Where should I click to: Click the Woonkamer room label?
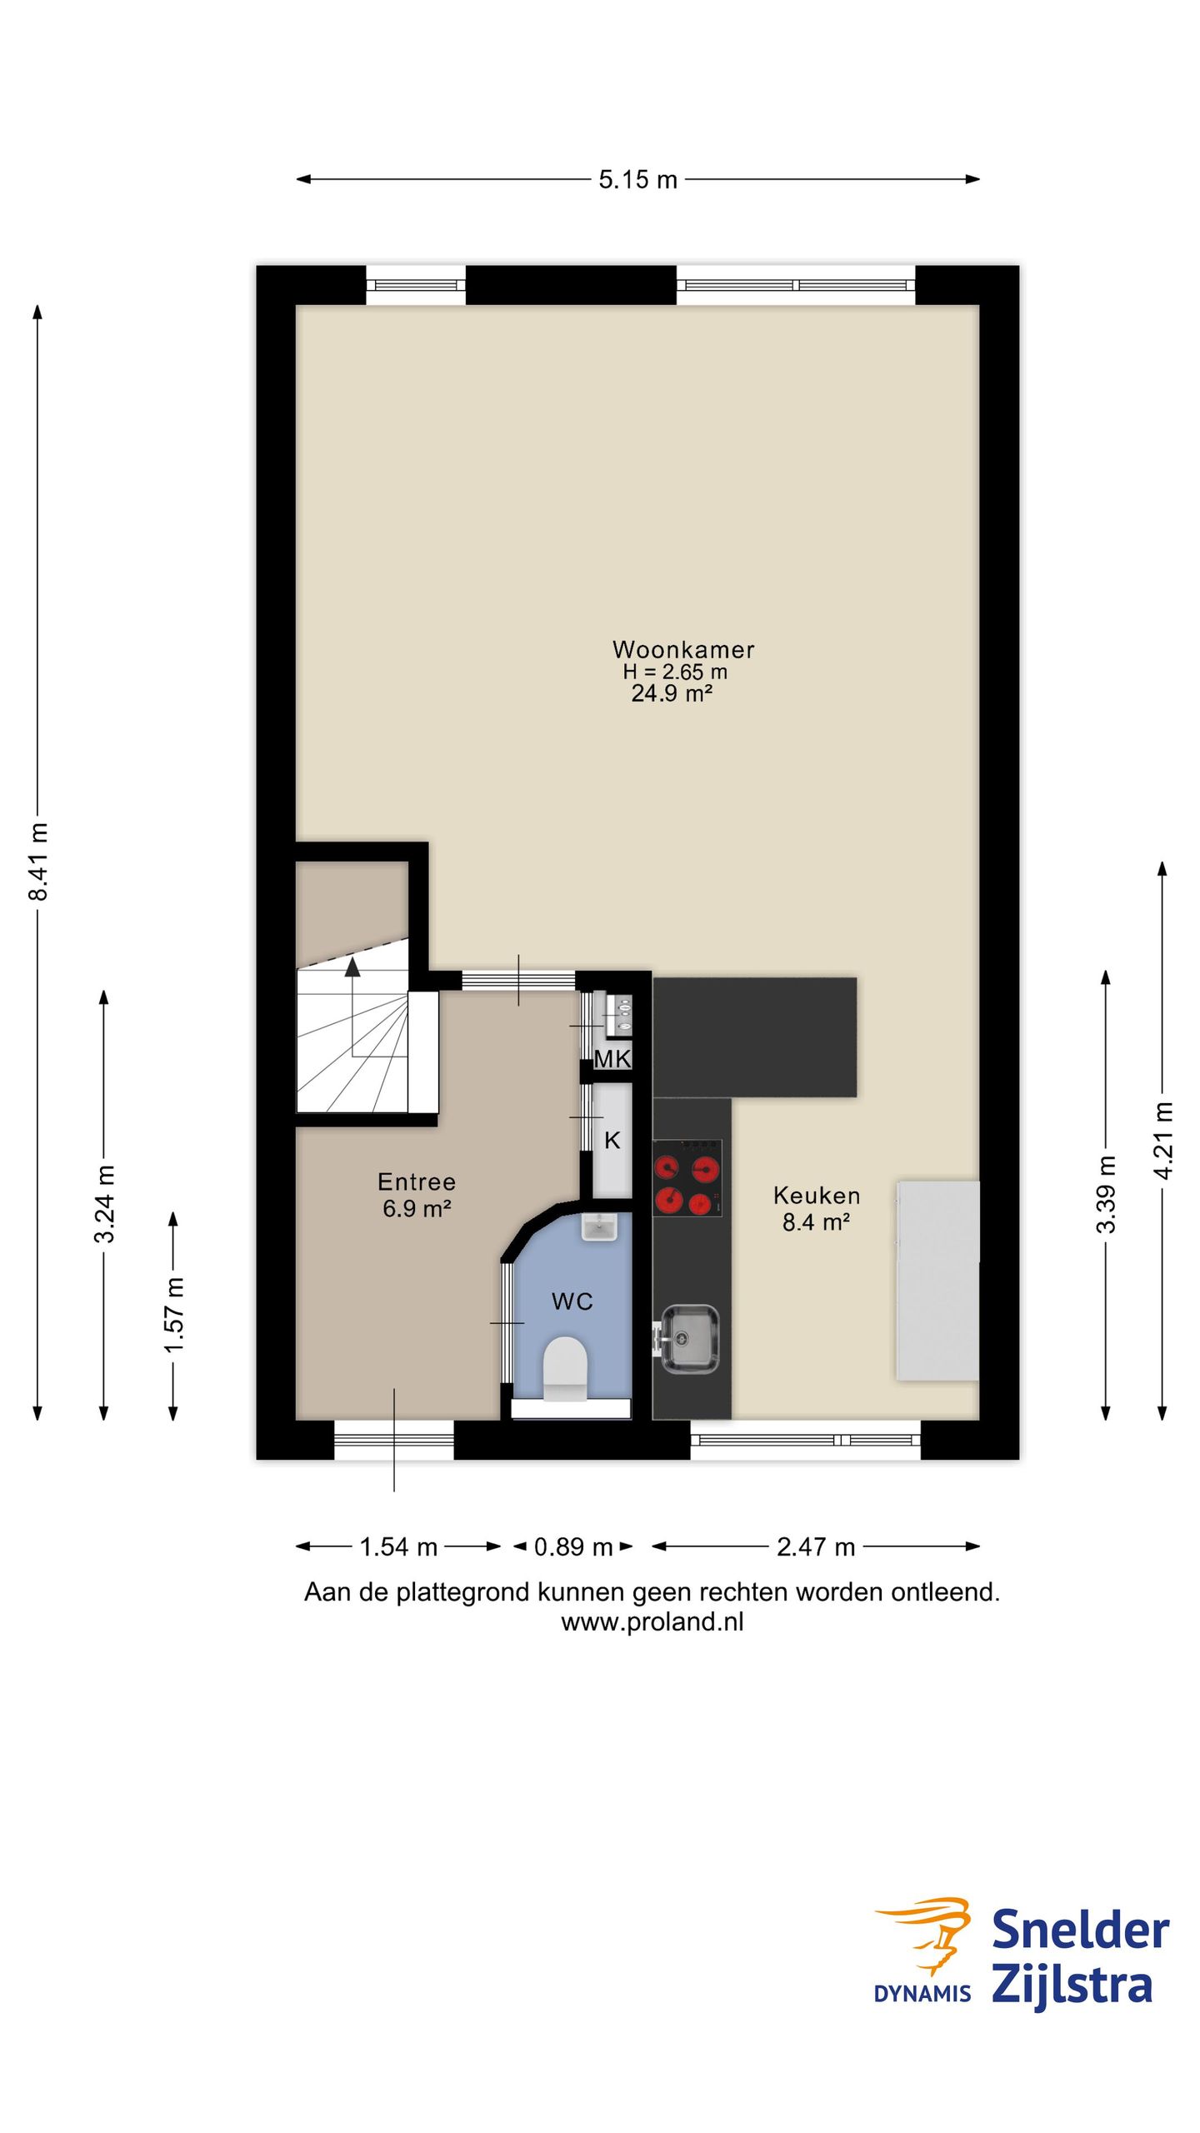683,649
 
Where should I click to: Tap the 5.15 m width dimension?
637,179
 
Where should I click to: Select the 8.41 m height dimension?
38,861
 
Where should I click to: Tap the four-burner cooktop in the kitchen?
687,1177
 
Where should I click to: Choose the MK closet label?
612,1059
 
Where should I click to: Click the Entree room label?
417,1181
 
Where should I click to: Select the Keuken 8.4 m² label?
817,1208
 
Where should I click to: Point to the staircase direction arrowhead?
352,967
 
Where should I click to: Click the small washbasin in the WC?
598,1226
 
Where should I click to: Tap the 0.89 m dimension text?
573,1547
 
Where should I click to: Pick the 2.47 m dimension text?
816,1547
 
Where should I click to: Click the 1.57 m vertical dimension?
173,1316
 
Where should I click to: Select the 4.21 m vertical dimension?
1163,1140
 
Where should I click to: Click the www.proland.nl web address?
652,1621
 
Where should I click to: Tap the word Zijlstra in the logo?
1072,1986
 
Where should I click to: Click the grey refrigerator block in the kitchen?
937,1280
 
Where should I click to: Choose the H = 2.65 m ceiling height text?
675,672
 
